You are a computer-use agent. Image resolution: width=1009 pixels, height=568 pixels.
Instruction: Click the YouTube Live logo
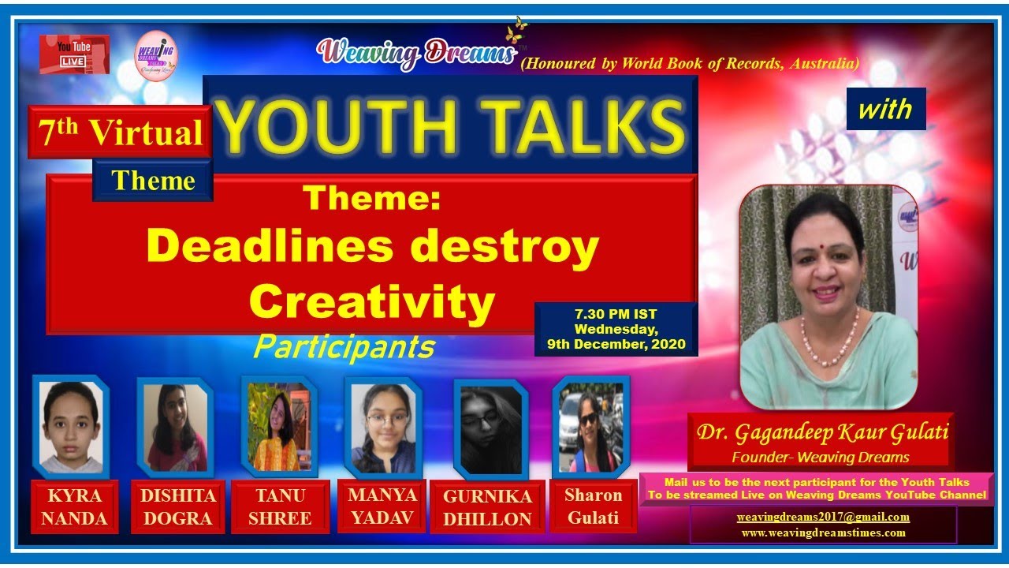(x=74, y=54)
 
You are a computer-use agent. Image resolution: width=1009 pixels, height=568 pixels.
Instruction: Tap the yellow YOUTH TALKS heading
(x=449, y=126)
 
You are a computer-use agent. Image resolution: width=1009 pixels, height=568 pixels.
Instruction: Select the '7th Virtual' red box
(x=120, y=133)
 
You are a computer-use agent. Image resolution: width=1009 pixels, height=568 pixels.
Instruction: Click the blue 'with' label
(x=885, y=109)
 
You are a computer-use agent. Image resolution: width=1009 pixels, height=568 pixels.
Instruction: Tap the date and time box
(x=616, y=329)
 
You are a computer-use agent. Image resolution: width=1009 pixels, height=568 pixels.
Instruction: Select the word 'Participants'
(x=344, y=346)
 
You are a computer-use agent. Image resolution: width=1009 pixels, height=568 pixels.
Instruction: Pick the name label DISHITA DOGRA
(x=177, y=506)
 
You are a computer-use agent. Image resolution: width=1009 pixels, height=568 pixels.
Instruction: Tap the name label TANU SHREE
(x=280, y=506)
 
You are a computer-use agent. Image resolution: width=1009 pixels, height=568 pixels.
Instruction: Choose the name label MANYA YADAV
(x=382, y=506)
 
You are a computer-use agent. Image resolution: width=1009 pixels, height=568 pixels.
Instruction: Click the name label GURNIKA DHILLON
(x=486, y=507)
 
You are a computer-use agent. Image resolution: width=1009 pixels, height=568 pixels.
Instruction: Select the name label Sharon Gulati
(x=593, y=506)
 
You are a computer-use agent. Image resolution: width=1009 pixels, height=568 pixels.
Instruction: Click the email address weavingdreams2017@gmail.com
(x=823, y=518)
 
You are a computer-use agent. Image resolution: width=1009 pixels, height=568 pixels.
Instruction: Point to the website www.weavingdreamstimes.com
(x=823, y=532)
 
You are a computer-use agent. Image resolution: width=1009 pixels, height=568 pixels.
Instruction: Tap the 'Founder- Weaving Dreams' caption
(x=820, y=457)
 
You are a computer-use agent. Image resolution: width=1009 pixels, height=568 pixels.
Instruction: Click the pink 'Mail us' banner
(x=816, y=488)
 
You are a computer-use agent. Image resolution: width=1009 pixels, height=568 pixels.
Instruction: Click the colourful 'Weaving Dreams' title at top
(x=416, y=53)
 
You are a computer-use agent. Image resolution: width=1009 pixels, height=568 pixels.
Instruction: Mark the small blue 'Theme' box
(x=153, y=181)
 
